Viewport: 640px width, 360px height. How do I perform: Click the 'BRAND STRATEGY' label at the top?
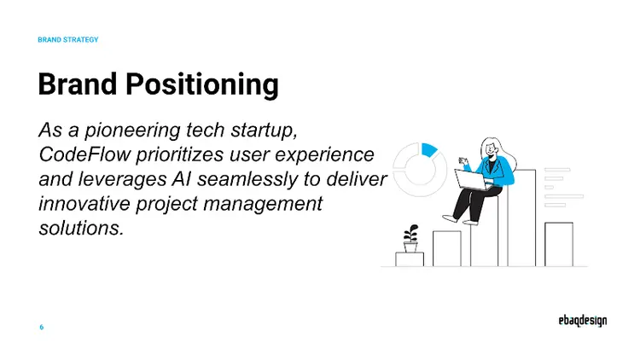pyautogui.click(x=68, y=40)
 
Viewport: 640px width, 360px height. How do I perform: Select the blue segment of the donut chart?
pyautogui.click(x=429, y=150)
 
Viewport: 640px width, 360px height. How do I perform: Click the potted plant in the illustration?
pyautogui.click(x=411, y=238)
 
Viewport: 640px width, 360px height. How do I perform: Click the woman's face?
pyautogui.click(x=492, y=148)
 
